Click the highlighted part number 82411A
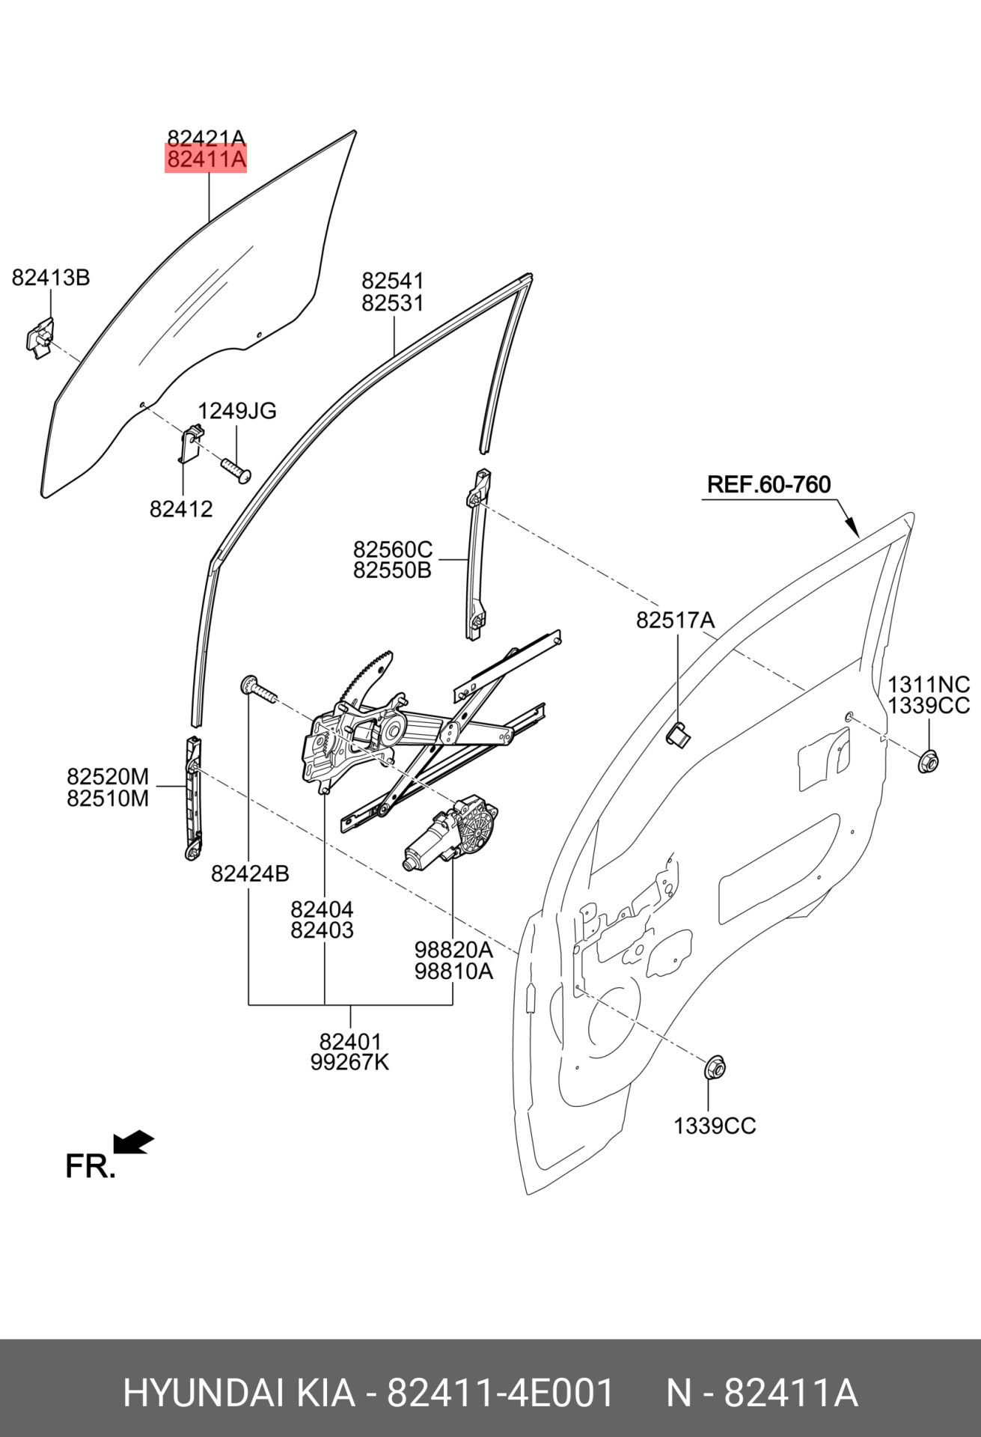click(206, 159)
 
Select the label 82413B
click(51, 278)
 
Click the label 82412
click(181, 509)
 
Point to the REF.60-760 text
click(768, 484)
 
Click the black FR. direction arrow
click(133, 1143)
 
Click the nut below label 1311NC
click(929, 761)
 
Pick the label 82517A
click(675, 620)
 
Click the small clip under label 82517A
click(678, 735)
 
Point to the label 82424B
click(250, 873)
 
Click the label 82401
click(350, 1041)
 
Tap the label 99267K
click(350, 1062)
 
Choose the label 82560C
click(393, 549)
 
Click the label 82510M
click(108, 799)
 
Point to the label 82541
click(393, 281)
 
